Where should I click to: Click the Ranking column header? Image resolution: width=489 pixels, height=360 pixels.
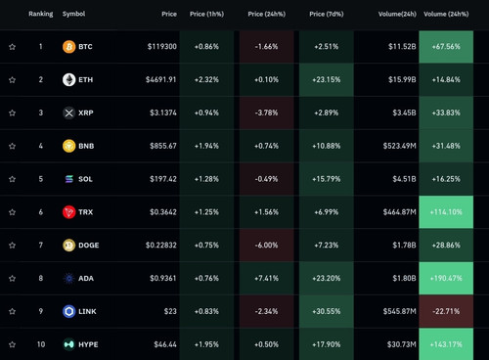click(41, 14)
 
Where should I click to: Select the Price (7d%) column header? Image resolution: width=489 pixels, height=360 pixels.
click(327, 14)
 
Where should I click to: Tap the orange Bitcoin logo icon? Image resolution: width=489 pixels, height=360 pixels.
click(68, 47)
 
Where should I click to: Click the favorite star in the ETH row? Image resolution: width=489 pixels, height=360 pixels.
click(12, 80)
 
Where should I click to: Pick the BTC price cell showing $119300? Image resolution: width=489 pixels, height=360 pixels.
click(162, 47)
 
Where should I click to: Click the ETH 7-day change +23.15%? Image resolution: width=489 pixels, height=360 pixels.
click(327, 80)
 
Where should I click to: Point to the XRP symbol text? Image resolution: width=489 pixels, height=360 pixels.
click(86, 112)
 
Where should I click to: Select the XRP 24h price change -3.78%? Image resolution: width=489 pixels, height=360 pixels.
click(267, 112)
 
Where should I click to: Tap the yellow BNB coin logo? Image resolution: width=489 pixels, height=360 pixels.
click(68, 146)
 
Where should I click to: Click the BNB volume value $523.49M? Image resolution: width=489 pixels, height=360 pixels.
click(400, 146)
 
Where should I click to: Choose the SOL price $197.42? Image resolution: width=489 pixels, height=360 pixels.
click(163, 179)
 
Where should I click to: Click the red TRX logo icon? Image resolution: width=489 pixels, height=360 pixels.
click(68, 212)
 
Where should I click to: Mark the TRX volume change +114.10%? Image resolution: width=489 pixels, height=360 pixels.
click(446, 212)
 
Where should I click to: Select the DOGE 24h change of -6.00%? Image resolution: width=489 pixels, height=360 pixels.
click(267, 246)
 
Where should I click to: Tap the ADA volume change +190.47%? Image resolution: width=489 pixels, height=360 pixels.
click(446, 278)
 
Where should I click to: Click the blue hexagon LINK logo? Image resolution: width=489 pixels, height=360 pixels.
click(68, 311)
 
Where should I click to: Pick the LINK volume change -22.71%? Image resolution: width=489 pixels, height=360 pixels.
click(446, 311)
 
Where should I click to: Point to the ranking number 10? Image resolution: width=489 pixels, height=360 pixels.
click(41, 344)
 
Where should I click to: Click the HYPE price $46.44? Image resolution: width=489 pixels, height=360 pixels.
click(165, 344)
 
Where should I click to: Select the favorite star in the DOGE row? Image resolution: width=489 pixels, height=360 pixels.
click(12, 246)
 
